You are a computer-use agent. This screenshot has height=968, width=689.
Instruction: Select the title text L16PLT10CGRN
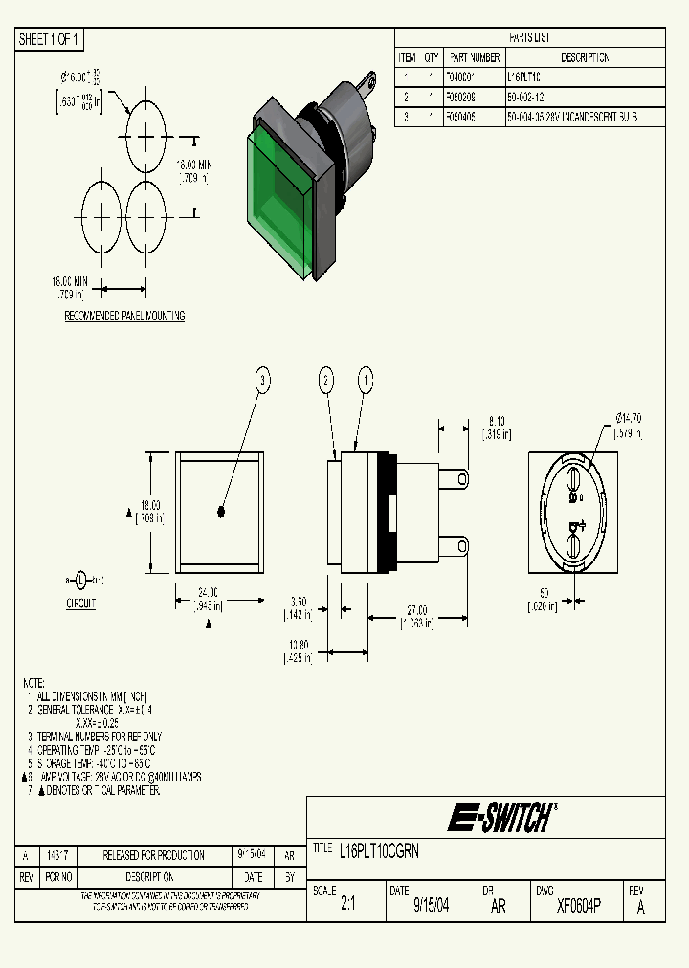pyautogui.click(x=379, y=849)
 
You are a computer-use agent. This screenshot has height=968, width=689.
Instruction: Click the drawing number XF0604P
pyautogui.click(x=578, y=905)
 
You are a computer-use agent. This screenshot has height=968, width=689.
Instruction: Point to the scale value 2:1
pyautogui.click(x=347, y=905)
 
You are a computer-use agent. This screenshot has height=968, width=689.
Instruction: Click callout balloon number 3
pyautogui.click(x=262, y=380)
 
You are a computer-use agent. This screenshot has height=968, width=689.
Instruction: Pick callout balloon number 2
pyautogui.click(x=326, y=380)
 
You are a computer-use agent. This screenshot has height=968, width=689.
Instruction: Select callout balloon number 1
pyautogui.click(x=365, y=380)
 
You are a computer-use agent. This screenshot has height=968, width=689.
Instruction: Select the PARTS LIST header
pyautogui.click(x=529, y=37)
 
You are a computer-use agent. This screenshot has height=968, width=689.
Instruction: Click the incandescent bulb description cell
pyautogui.click(x=571, y=118)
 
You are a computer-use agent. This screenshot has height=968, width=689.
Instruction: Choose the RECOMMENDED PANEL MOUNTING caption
pyautogui.click(x=124, y=316)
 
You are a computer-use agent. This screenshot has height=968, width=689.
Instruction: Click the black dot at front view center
pyautogui.click(x=220, y=513)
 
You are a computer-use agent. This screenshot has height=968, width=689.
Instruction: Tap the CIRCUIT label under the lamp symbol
pyautogui.click(x=81, y=605)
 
